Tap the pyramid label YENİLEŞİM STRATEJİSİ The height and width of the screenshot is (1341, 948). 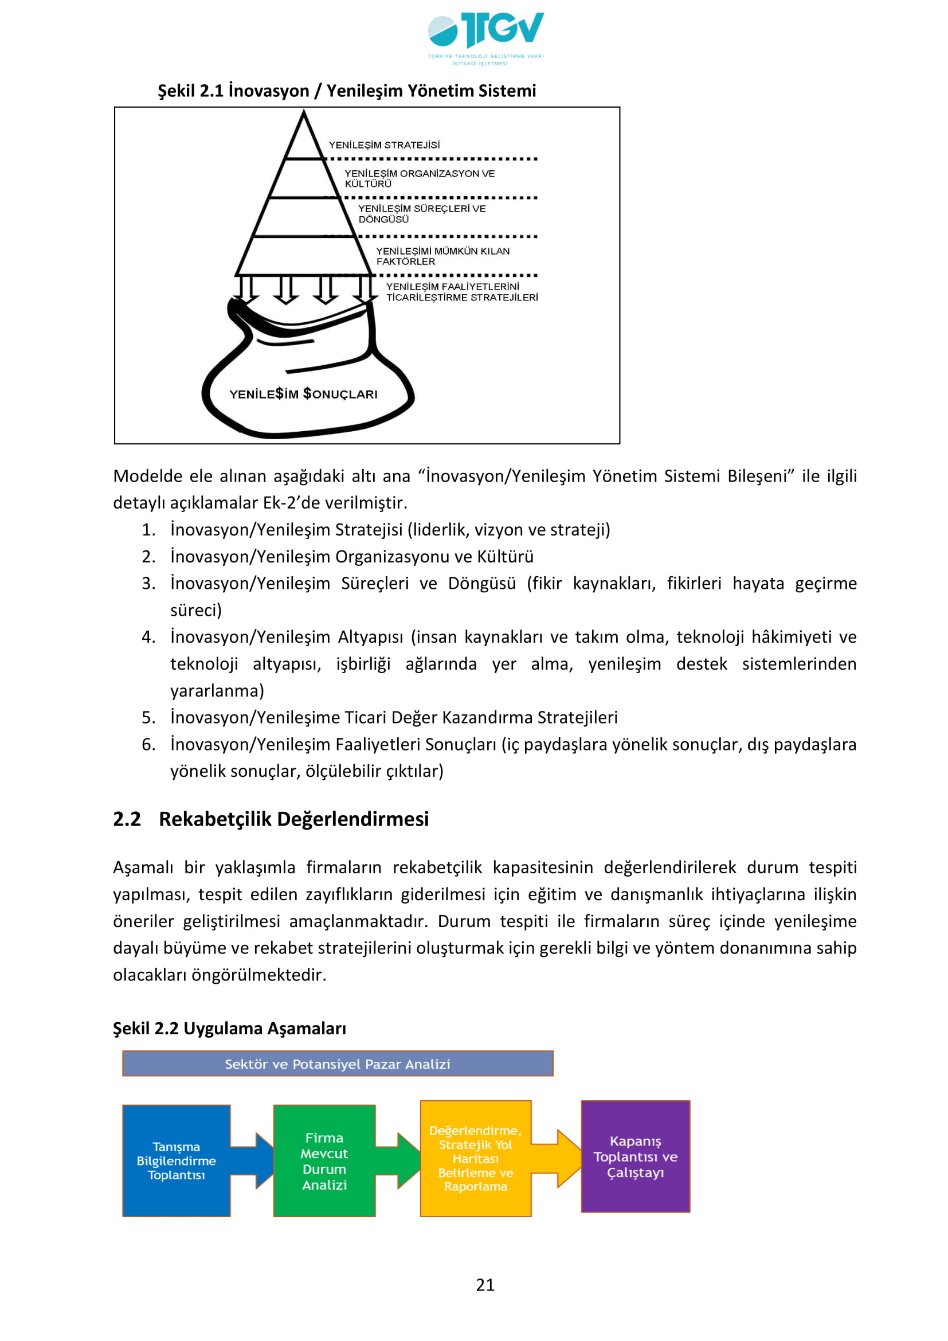[383, 145]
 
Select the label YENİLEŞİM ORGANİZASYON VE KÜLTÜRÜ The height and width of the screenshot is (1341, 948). [418, 178]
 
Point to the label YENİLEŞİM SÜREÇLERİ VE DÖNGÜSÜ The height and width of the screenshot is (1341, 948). [421, 214]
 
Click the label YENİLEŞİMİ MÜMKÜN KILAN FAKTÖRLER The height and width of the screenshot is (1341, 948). [442, 256]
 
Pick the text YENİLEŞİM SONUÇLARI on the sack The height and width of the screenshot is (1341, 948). [303, 394]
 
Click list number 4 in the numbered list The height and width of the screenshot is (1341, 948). [148, 636]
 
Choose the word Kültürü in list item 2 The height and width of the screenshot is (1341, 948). [505, 557]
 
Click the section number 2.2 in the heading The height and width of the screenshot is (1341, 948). [127, 819]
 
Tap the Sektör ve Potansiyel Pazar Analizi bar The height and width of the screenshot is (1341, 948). [338, 1064]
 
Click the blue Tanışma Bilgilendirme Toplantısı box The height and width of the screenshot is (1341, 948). [176, 1160]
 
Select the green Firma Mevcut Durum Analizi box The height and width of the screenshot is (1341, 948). [324, 1160]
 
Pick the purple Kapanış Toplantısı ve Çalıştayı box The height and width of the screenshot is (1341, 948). [635, 1156]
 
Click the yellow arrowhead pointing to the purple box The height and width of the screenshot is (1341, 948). [568, 1159]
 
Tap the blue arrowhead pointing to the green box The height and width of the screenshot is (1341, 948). [264, 1160]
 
